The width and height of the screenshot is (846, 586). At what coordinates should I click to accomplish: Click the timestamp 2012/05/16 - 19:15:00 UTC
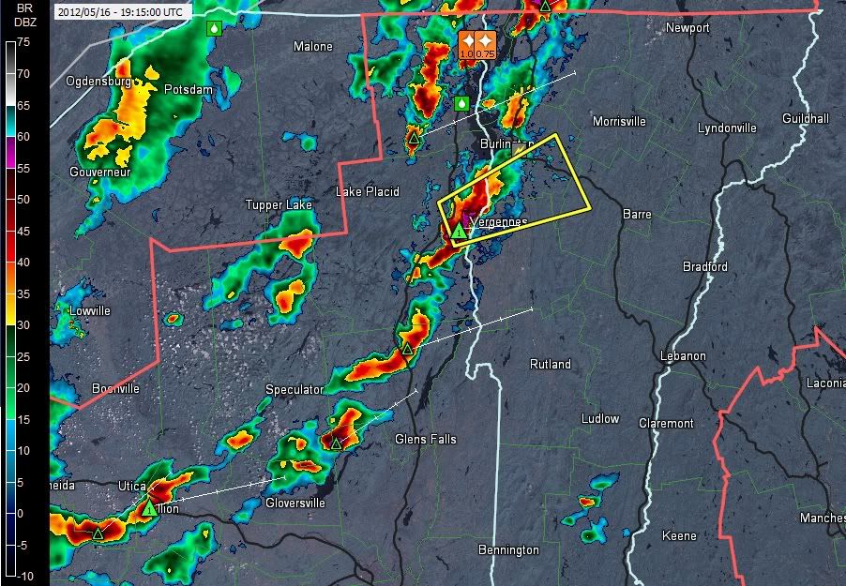tap(122, 12)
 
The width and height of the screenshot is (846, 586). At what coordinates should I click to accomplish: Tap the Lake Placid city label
tap(368, 191)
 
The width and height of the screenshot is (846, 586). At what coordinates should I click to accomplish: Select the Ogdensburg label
tap(98, 82)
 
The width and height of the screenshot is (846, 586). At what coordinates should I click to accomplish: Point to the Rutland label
tap(551, 364)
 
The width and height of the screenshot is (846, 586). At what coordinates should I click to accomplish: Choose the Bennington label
tap(508, 549)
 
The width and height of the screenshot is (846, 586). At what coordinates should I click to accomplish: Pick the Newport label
tap(687, 28)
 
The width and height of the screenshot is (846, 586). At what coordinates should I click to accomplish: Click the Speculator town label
tap(295, 389)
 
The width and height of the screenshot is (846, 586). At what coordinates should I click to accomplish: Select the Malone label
tap(313, 46)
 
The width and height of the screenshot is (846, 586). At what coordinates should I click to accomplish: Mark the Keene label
tap(679, 535)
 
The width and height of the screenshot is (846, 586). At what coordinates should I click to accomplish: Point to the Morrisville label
tap(619, 122)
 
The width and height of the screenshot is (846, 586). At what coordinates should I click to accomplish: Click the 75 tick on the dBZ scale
tap(24, 42)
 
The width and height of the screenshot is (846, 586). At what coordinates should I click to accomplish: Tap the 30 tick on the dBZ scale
tap(24, 324)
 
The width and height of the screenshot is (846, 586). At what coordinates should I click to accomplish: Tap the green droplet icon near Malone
tap(215, 28)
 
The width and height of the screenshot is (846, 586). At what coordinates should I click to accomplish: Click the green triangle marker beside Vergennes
tap(459, 230)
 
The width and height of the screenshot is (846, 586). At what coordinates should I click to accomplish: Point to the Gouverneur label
tap(99, 172)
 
